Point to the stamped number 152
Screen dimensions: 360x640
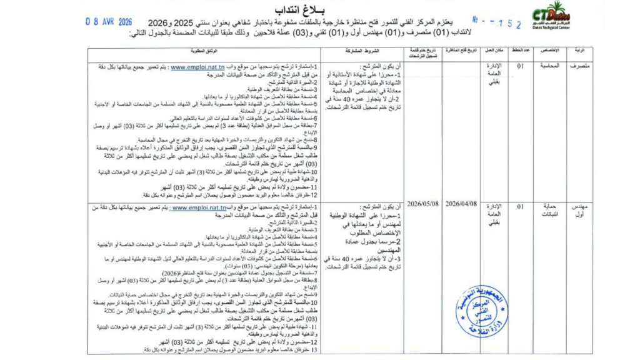coord(507,23)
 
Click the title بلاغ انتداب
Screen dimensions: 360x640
coord(319,7)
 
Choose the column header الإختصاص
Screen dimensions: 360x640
coord(549,51)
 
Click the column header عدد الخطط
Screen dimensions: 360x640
coord(521,51)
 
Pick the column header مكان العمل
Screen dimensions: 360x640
coord(494,51)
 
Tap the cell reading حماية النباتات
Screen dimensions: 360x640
coord(547,211)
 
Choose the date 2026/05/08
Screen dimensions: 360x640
coord(423,204)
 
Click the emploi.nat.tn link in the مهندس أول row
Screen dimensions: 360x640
coord(198,207)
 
